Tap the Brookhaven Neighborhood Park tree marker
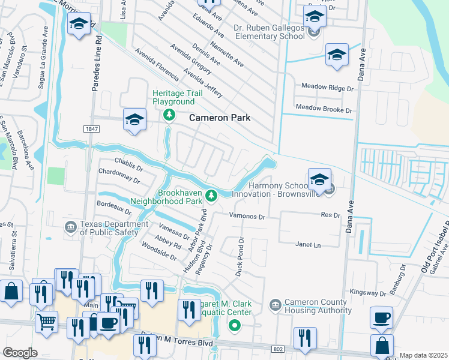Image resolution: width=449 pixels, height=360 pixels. click(211, 195)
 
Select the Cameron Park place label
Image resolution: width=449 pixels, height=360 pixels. click(220, 118)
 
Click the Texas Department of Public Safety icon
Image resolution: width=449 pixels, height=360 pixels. click(71, 226)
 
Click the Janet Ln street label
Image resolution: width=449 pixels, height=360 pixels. click(309, 245)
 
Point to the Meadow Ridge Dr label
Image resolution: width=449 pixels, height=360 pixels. click(327, 88)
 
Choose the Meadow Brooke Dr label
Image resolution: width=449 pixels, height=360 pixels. click(324, 110)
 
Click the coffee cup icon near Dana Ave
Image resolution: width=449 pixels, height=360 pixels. click(381, 318)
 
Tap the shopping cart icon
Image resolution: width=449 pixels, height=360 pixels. click(46, 322)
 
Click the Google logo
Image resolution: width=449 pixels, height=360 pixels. click(20, 353)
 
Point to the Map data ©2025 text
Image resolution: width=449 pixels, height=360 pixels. click(423, 355)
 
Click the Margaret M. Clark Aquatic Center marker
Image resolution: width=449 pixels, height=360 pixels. click(234, 326)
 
